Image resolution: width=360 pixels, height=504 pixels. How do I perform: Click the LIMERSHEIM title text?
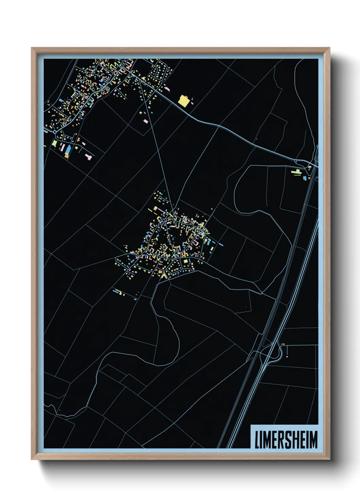click(286, 440)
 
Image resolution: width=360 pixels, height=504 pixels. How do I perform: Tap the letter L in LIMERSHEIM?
click(258, 440)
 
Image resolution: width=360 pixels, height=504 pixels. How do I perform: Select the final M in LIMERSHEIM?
click(313, 440)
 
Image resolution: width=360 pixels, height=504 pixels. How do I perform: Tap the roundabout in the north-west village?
click(54, 131)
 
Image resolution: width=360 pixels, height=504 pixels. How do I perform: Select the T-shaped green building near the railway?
click(296, 172)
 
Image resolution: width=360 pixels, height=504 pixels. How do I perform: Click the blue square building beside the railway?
click(305, 178)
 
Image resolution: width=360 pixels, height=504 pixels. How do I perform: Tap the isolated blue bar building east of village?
click(220, 244)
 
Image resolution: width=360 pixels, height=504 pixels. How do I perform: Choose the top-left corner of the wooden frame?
click(32, 48)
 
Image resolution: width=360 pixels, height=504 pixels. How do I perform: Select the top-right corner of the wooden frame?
click(329, 48)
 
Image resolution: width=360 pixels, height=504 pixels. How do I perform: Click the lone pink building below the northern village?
click(146, 121)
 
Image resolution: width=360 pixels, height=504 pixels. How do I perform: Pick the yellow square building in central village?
click(186, 262)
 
